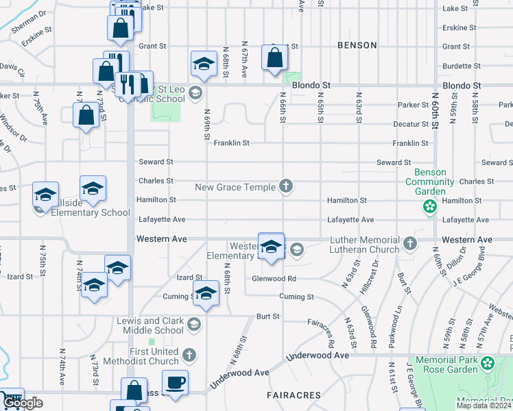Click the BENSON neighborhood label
click(357, 45)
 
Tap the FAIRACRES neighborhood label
click(293, 396)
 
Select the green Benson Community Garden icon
click(430, 206)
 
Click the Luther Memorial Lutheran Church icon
click(409, 242)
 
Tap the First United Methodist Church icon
click(190, 356)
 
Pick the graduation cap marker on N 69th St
click(203, 64)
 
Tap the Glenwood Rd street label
click(273, 279)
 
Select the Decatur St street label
click(411, 124)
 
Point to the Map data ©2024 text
click(483, 406)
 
